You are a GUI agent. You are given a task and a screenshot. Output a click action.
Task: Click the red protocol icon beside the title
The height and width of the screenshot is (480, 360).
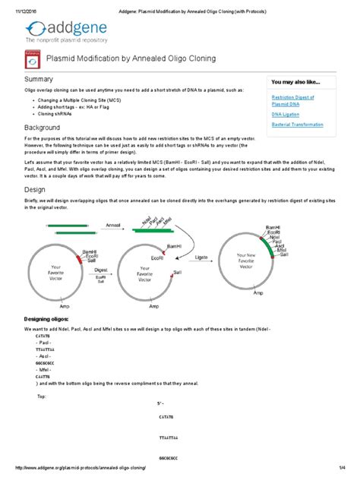pyautogui.click(x=32, y=58)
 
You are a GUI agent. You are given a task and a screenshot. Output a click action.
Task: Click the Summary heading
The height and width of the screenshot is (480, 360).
pyautogui.click(x=40, y=79)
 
